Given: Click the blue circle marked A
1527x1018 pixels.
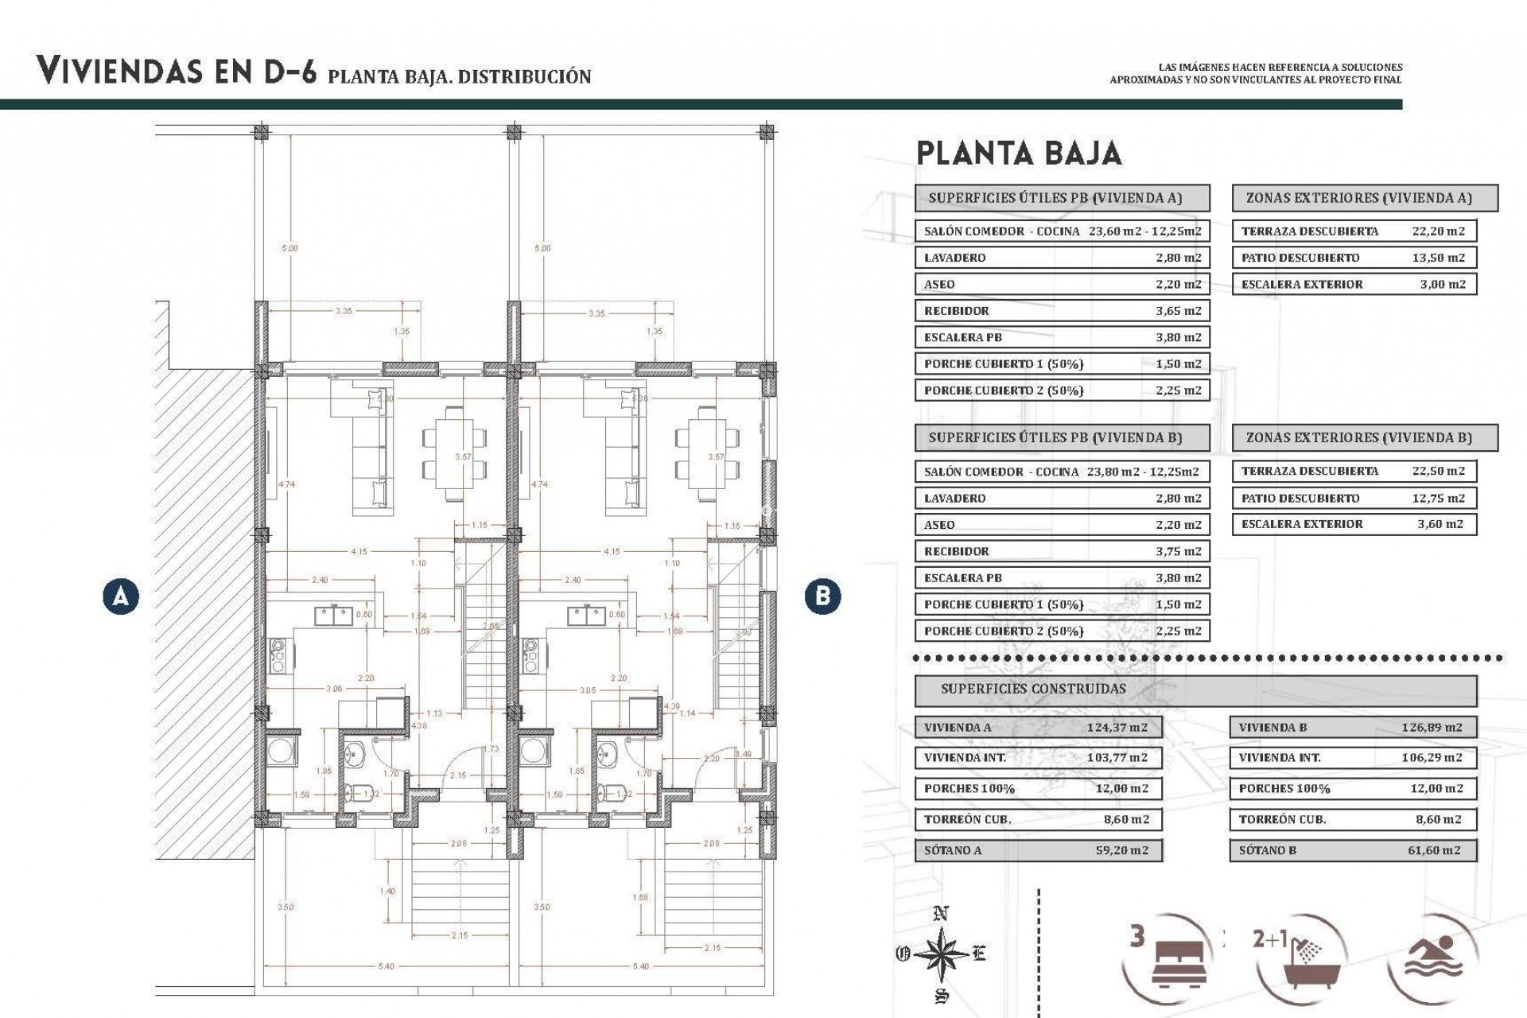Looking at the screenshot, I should (121, 596).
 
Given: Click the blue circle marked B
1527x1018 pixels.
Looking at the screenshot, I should (822, 596).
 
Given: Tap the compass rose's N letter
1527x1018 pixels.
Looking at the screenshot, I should (941, 914).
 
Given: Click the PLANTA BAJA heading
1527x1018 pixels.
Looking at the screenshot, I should (1019, 153).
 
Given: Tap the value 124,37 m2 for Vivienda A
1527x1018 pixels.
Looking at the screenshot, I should (1117, 727).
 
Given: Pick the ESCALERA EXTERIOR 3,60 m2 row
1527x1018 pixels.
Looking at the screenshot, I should (1354, 524).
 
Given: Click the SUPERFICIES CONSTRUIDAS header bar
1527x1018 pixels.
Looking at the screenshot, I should (1195, 689).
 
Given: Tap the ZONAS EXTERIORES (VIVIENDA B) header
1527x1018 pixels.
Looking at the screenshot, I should (1364, 437).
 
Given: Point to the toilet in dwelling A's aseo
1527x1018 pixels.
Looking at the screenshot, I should (352, 792).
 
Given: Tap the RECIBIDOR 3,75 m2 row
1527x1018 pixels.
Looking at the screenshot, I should (1062, 551).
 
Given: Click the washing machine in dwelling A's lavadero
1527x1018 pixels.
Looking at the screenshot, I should (282, 749).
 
